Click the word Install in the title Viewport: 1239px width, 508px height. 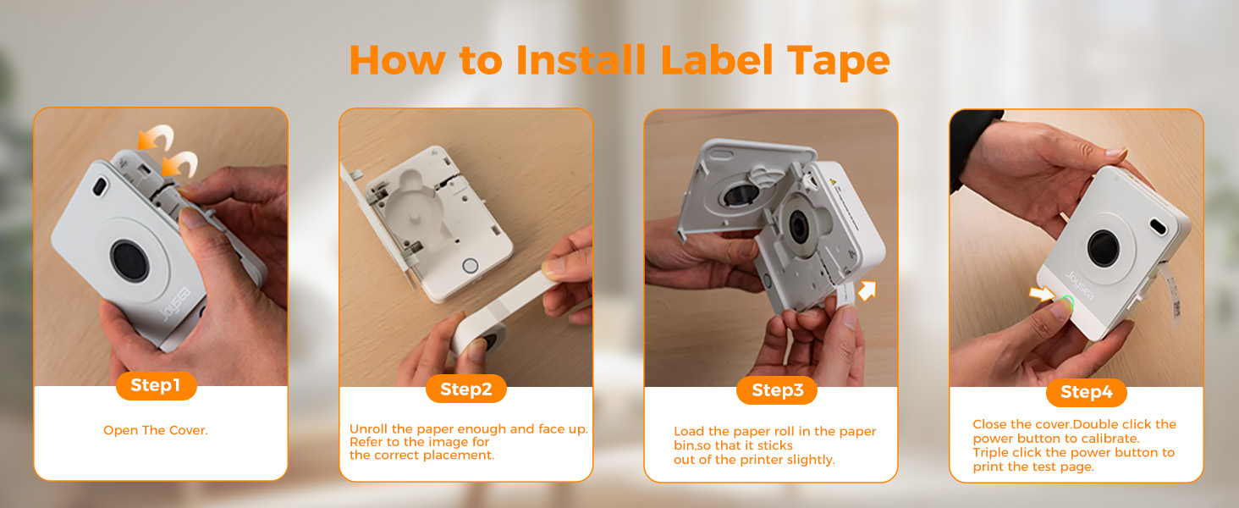[x=578, y=60]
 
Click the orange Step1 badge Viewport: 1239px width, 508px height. [x=156, y=386]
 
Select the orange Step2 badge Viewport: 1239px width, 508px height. [x=465, y=389]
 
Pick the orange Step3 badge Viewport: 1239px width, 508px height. [x=777, y=390]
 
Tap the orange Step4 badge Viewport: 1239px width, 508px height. [x=1086, y=392]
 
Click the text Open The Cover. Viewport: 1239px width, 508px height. [x=156, y=430]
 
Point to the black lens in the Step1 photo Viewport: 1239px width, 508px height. [x=129, y=259]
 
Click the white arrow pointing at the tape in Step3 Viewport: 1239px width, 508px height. [x=867, y=291]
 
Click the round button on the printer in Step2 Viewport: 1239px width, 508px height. [x=470, y=266]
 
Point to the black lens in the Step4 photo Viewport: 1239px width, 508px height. [x=1104, y=247]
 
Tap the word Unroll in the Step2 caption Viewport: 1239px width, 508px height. [x=369, y=429]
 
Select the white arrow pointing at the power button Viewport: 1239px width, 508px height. [x=1041, y=294]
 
